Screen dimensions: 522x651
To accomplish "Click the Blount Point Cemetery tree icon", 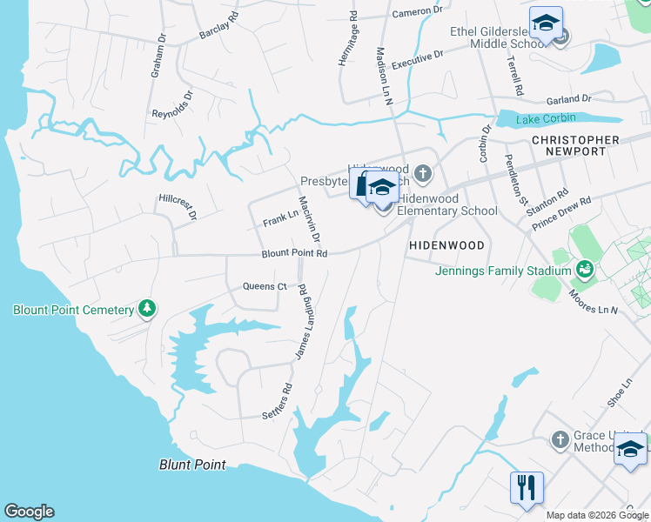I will (147, 309).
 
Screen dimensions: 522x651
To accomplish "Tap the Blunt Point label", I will (192, 465).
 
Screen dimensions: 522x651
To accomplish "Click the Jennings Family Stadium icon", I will (586, 270).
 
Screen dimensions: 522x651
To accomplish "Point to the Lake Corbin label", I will (541, 119).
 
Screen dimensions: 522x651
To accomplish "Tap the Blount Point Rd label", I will (294, 254).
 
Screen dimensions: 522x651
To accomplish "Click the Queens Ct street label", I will (264, 286).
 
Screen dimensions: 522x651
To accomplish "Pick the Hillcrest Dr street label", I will (178, 204).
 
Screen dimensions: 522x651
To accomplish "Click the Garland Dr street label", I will (568, 99).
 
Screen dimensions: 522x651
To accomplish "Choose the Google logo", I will (29, 512).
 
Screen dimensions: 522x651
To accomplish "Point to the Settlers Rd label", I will (278, 403).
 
